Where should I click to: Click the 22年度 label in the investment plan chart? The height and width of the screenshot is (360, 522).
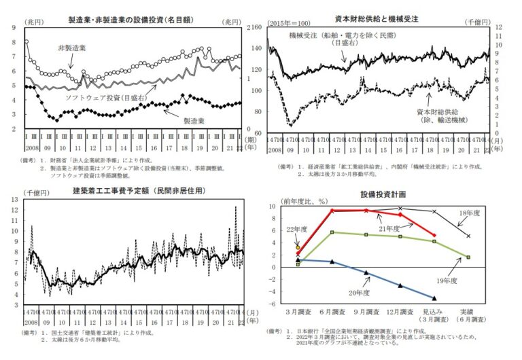click(x=296, y=230)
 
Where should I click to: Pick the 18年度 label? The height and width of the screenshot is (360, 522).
click(x=469, y=213)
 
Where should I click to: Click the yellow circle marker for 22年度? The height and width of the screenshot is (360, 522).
click(x=298, y=249)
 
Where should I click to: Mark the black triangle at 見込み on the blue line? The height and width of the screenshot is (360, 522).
click(x=434, y=298)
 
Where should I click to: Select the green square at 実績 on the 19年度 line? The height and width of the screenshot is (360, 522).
click(x=468, y=257)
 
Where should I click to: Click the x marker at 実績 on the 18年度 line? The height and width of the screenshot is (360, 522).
click(x=468, y=236)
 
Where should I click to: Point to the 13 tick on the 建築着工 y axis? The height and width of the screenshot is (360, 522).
click(x=16, y=202)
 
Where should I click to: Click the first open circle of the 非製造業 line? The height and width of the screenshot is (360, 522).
click(x=26, y=42)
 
